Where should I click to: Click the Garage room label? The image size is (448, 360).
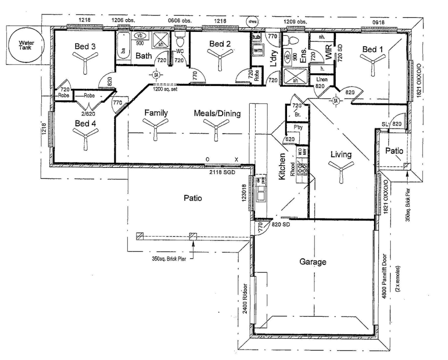tap(312, 262)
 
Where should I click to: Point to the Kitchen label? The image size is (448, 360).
tap(282, 167)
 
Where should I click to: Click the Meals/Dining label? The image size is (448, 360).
tap(217, 113)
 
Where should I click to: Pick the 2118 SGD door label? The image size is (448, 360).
tap(222, 172)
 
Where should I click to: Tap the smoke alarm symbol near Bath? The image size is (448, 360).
tap(156, 75)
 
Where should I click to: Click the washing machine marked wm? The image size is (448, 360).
tap(258, 50)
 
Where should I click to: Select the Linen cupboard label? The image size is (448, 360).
tap(322, 79)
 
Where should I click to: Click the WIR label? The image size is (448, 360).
tap(328, 53)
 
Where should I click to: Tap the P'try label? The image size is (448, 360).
tap(298, 127)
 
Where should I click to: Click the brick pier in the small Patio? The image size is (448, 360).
tap(406, 166)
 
